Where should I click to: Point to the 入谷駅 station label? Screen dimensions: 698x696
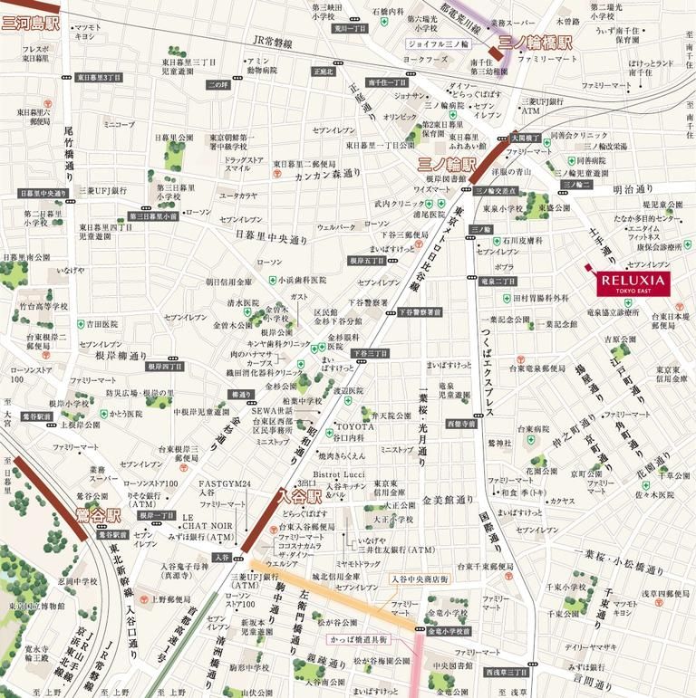(300, 495)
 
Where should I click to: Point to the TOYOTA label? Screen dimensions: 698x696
(355, 425)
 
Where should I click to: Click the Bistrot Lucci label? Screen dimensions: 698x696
(338, 474)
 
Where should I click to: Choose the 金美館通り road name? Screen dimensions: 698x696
(448, 500)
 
